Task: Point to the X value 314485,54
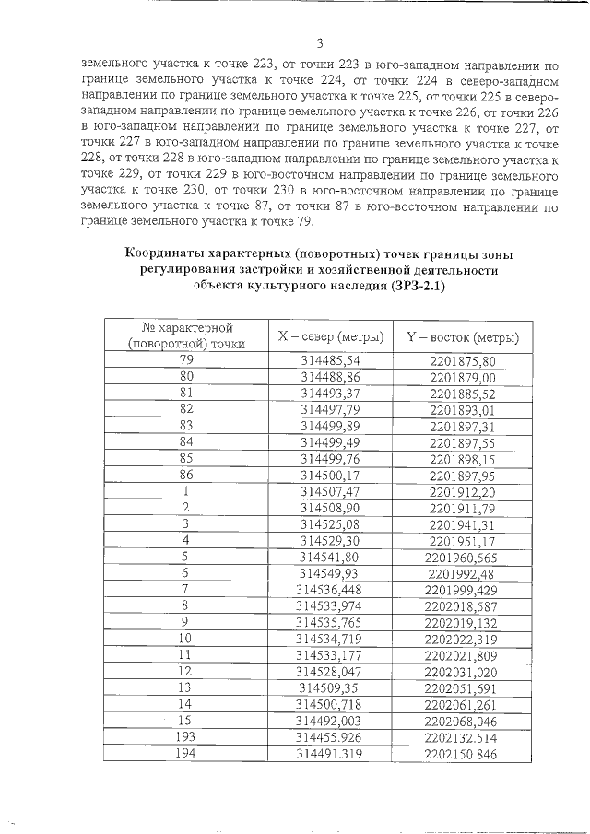(x=330, y=361)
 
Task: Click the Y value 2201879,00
(x=462, y=377)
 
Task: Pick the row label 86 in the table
(x=186, y=476)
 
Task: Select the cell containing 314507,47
(x=330, y=492)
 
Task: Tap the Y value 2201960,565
(x=462, y=557)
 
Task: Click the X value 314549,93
(x=330, y=573)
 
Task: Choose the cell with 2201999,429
(x=462, y=590)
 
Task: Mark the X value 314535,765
(x=330, y=622)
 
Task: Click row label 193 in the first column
(x=186, y=736)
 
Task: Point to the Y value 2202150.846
(x=462, y=753)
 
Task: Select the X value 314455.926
(x=330, y=736)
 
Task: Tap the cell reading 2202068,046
(x=462, y=720)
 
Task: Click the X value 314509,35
(x=330, y=687)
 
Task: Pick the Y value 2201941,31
(x=462, y=524)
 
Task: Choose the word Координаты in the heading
(x=170, y=253)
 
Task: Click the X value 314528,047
(x=330, y=671)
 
